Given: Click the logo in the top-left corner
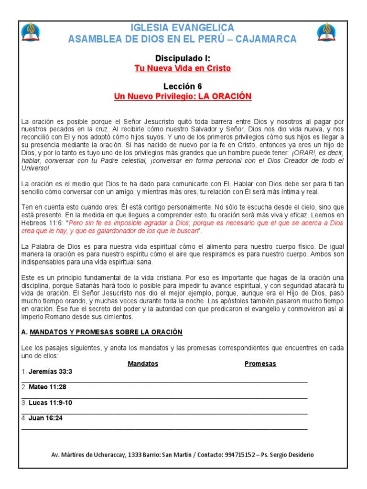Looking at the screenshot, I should pyautogui.click(x=31, y=32).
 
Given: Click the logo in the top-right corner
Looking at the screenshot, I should pyautogui.click(x=326, y=32).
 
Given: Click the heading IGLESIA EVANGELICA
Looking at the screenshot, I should pyautogui.click(x=183, y=28).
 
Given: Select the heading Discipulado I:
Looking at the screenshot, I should pyautogui.click(x=183, y=58).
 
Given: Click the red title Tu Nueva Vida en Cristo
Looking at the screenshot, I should pyautogui.click(x=183, y=68).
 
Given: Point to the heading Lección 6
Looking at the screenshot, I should pyautogui.click(x=183, y=86).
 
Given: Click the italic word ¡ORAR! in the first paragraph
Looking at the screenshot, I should pyautogui.click(x=305, y=152).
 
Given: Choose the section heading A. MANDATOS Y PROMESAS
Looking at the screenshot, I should pyautogui.click(x=102, y=332).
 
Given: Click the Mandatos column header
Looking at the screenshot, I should pyautogui.click(x=143, y=363).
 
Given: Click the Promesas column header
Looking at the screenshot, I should pyautogui.click(x=260, y=363).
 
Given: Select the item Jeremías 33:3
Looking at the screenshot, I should pyautogui.click(x=50, y=372).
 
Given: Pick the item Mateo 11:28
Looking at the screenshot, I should pyautogui.click(x=46, y=387).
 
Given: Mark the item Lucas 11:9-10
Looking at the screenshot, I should pyautogui.click(x=50, y=403).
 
